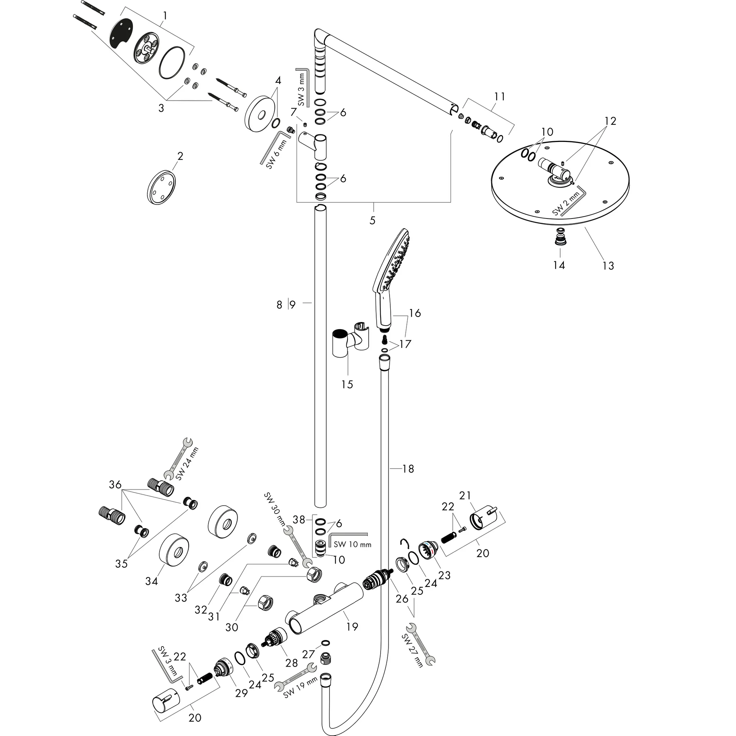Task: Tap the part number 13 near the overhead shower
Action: [608, 266]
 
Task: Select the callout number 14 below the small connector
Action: [559, 265]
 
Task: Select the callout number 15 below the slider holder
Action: [347, 384]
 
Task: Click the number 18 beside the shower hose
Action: [408, 469]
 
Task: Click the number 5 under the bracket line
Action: [372, 220]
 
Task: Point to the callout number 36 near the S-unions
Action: [115, 484]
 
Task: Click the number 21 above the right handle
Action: [465, 495]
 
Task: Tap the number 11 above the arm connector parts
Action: [500, 97]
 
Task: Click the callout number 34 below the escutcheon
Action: [151, 581]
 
